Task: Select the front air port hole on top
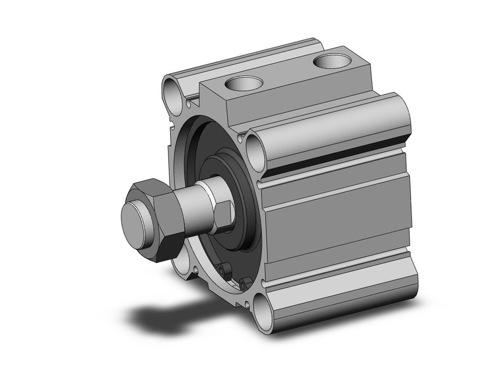click(x=244, y=84)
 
